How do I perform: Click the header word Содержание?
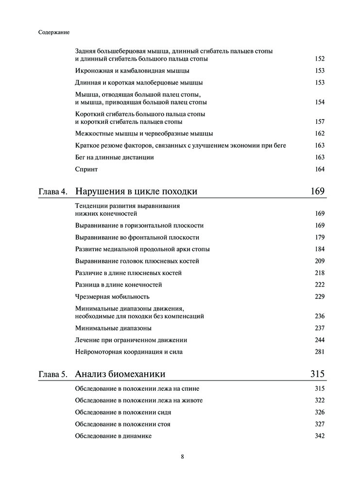click(53, 33)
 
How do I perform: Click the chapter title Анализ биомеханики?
click(120, 374)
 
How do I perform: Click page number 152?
click(319, 59)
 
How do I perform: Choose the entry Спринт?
click(86, 169)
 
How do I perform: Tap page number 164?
click(319, 169)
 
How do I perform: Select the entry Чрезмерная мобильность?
click(112, 296)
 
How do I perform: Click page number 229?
click(319, 296)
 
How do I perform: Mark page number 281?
click(319, 351)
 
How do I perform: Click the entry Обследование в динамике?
click(114, 436)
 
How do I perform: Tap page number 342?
click(319, 436)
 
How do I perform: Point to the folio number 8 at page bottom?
click(182, 457)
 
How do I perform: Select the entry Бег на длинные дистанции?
click(115, 157)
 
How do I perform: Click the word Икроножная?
click(93, 70)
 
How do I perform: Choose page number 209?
click(319, 261)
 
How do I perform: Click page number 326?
click(319, 412)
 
